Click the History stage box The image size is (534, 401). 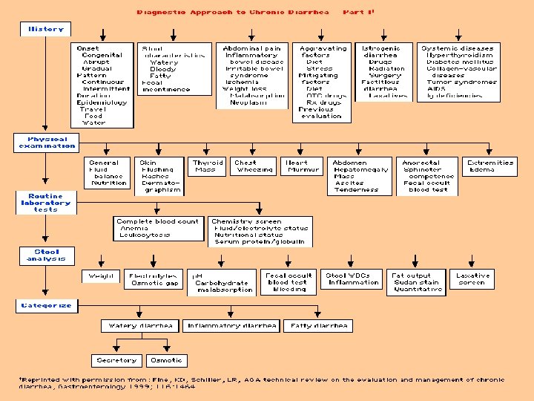pos(46,29)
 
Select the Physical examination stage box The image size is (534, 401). pos(47,143)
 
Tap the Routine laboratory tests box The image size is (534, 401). pos(45,203)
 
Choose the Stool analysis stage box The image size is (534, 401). pos(46,255)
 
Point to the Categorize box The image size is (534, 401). pos(46,305)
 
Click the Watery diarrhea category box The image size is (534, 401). pos(140,325)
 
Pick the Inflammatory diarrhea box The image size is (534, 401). pos(232,325)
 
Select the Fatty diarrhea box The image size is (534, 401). pos(319,325)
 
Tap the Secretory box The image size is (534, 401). pos(117,360)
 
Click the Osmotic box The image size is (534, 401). pos(165,360)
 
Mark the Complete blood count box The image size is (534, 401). pos(158,228)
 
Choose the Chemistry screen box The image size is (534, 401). pos(260,231)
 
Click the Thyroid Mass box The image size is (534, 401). pos(208,166)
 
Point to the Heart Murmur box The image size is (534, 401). pos(303,166)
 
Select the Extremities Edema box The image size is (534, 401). pos(490,166)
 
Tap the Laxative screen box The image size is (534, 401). pos(472,279)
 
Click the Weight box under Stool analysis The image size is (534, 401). pos(101,276)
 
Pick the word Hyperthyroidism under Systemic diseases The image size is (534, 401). pos(459,55)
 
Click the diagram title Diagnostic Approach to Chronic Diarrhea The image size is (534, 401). pos(233,12)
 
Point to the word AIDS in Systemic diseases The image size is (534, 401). pos(437,88)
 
